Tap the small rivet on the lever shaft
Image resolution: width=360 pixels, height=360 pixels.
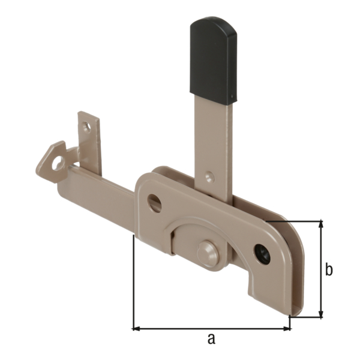point(209,177)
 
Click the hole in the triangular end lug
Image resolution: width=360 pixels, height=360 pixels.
point(58,163)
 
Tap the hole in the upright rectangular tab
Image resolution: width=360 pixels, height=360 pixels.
point(88,127)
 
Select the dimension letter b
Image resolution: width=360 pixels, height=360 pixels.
point(329,270)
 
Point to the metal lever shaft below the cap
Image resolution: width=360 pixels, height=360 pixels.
point(211,138)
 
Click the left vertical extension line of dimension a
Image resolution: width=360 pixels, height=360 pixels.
point(133,282)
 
